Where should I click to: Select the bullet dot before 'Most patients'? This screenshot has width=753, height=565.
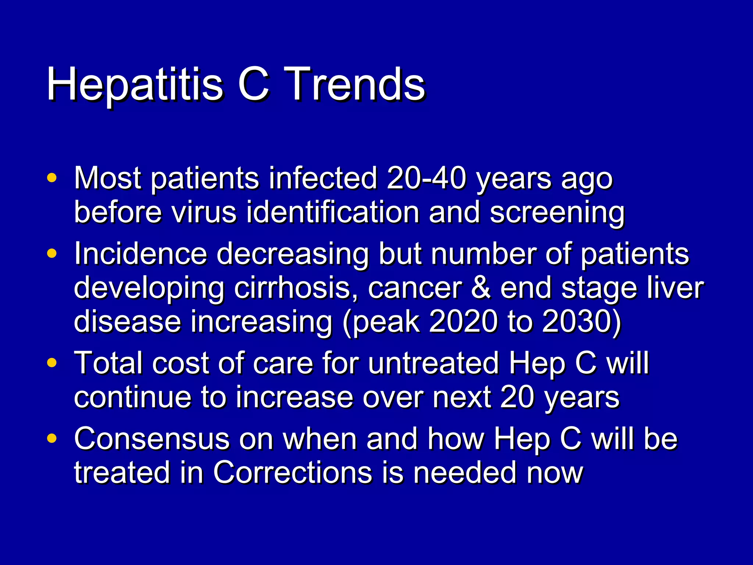pos(52,178)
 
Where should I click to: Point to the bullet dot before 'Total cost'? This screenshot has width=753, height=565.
pos(52,363)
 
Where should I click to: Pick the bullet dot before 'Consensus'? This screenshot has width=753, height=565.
pos(52,438)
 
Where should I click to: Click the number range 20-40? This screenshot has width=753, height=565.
pos(427,178)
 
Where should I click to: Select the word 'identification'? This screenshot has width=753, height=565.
pos(332,213)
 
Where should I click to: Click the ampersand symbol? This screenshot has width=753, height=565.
pos(481,288)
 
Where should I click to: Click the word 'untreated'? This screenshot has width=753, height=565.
pos(433,363)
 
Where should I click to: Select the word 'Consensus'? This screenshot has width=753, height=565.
pos(152,439)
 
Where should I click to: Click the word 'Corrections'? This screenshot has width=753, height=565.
pos(293,473)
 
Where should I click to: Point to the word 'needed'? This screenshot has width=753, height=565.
pos(465,473)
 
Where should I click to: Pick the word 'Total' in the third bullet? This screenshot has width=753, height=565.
pos(108,363)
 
